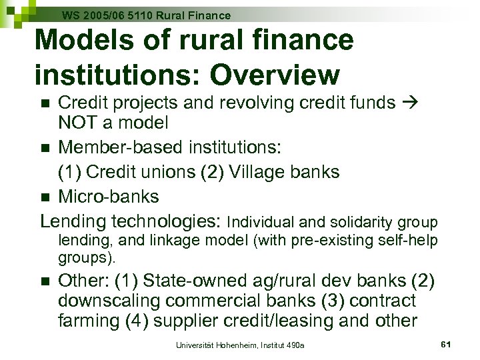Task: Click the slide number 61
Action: pos(447,343)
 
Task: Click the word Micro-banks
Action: pos(109,196)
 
